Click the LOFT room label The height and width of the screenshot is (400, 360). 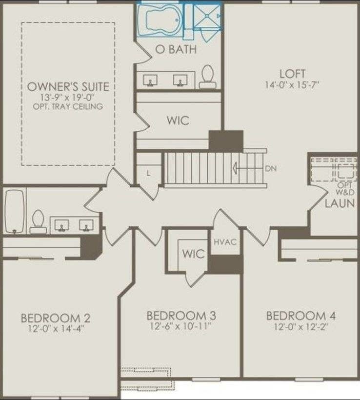pos(292,74)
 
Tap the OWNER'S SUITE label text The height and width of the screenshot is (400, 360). pos(68,87)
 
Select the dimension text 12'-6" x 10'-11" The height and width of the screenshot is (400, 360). pos(180,326)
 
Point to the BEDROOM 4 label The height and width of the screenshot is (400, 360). pos(301,316)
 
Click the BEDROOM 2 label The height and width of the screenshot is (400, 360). pos(55,318)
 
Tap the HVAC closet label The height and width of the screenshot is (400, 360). pos(225,242)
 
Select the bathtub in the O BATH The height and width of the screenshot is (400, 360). pos(160,20)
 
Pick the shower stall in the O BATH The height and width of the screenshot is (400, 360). pos(207,16)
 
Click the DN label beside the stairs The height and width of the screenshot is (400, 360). pos(271,169)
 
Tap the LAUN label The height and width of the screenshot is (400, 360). pos(340,203)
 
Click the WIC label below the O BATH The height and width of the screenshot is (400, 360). pos(178,120)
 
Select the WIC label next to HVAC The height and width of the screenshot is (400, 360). pos(193,254)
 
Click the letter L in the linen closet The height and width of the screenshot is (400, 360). pos(148,174)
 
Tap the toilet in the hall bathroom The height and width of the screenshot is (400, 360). pos(38,221)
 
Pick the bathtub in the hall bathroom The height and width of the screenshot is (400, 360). pos(14,211)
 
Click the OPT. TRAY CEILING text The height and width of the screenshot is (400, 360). pos(68,106)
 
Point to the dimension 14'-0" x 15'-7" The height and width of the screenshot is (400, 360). pos(292,85)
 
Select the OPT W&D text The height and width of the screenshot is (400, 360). pos(345,188)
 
